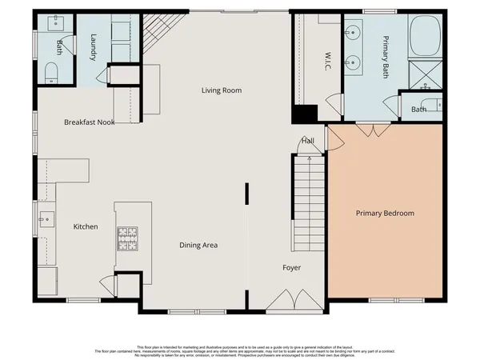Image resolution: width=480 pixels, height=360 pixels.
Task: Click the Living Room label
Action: click(221, 90)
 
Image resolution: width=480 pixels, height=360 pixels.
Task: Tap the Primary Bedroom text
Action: click(385, 214)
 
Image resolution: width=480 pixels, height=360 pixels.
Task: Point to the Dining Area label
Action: click(198, 245)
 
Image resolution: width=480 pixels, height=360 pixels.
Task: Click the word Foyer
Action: click(291, 267)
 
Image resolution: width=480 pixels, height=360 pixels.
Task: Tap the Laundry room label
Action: click(94, 45)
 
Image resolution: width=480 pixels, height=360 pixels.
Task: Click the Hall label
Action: click(307, 142)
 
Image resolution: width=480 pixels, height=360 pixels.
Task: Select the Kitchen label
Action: click(86, 227)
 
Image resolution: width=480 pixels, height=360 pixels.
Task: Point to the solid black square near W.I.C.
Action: click(301, 114)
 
